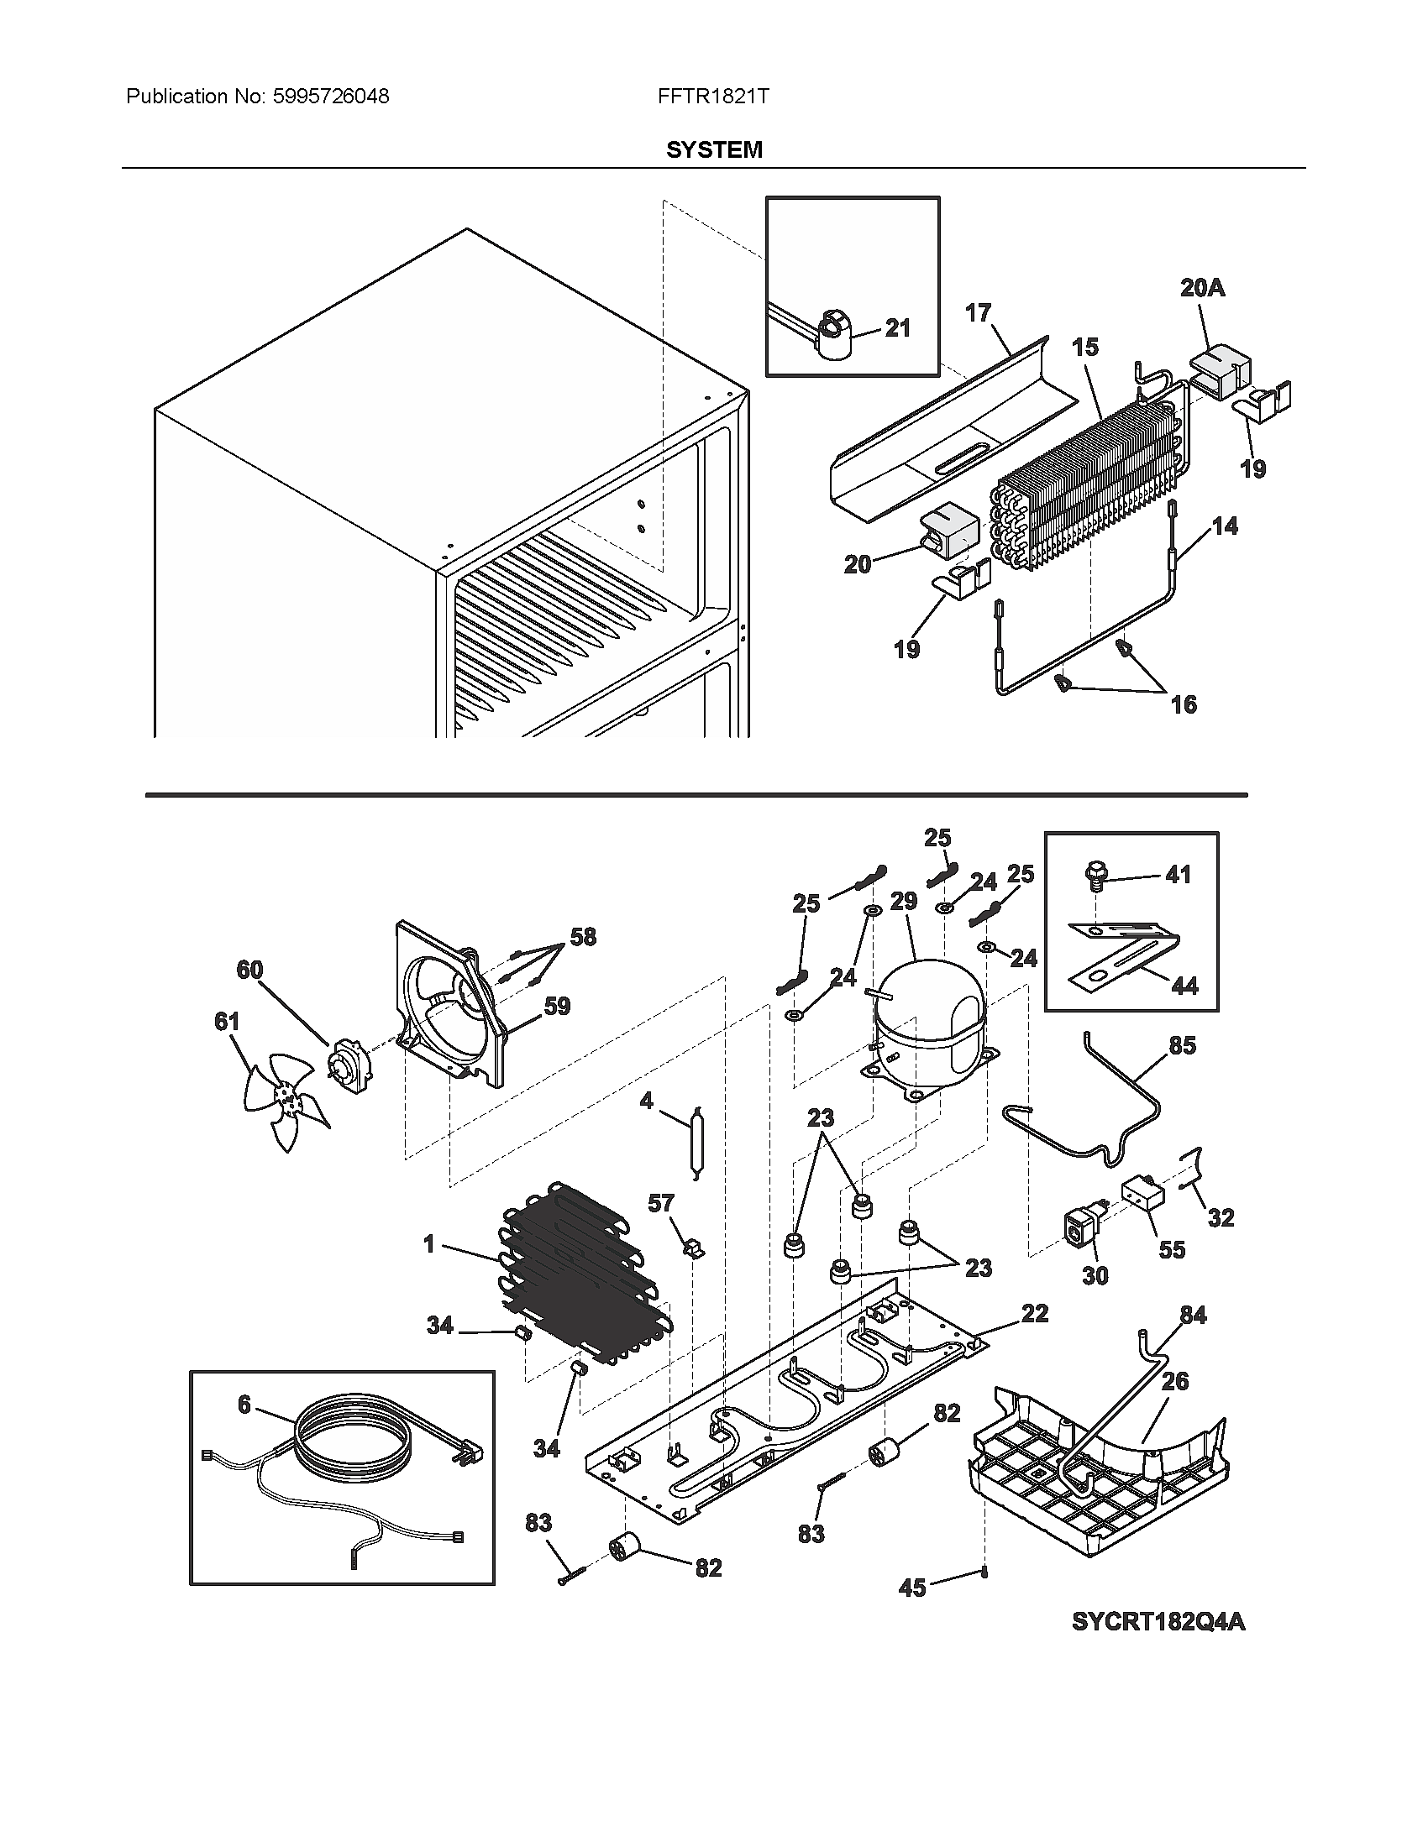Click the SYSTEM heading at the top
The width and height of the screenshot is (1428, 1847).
point(713,149)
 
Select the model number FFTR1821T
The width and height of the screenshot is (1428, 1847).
point(713,97)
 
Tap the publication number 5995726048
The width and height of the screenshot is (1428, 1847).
point(331,97)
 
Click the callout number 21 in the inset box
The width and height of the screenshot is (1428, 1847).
point(897,328)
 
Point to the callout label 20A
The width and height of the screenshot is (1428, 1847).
point(1202,288)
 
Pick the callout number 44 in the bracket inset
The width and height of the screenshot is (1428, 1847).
point(1184,986)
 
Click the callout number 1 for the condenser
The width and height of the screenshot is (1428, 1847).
point(429,1243)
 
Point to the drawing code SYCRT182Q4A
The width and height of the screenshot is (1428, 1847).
point(1158,1622)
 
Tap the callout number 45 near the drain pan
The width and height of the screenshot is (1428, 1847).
point(912,1588)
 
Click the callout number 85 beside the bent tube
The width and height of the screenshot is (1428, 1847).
point(1182,1045)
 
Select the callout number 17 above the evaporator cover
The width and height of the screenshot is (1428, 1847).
point(978,313)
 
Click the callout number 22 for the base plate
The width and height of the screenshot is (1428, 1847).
point(1035,1312)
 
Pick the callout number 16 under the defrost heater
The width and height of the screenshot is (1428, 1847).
point(1184,704)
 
